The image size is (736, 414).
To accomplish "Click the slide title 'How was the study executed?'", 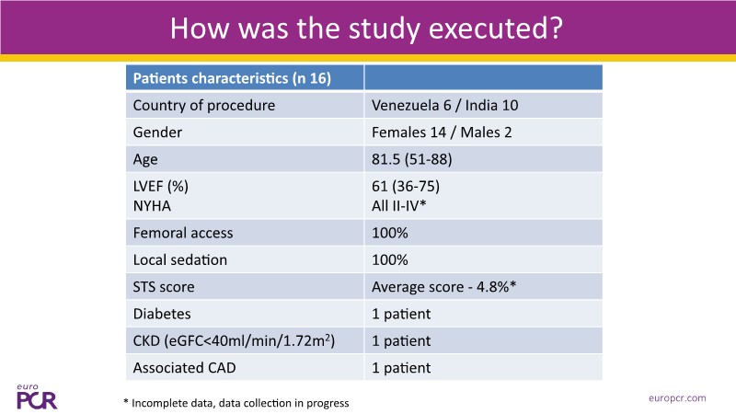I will (367, 28).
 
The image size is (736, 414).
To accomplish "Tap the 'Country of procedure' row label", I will (203, 105).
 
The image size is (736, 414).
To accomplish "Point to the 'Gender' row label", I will (158, 132).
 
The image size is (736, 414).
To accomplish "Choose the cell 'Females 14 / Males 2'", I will (441, 132).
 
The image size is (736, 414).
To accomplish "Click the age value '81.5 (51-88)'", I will (412, 158).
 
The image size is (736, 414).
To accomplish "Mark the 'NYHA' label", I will (154, 206).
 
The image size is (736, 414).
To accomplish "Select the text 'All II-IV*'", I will (403, 206).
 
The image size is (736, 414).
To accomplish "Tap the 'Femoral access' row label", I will (183, 234).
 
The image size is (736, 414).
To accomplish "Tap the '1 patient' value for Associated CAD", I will (401, 369).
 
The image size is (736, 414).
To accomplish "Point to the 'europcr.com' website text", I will (676, 397).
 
